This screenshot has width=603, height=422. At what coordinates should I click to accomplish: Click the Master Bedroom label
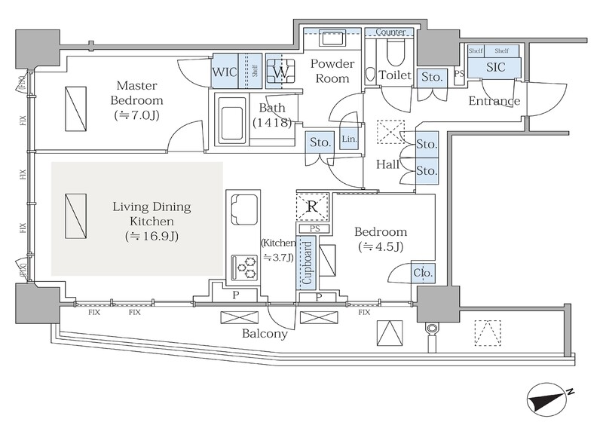[x=137, y=93]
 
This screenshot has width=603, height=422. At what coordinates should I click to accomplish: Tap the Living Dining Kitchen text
[x=152, y=214]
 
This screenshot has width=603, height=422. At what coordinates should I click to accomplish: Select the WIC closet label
[x=225, y=72]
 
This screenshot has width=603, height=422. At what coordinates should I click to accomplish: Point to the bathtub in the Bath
[x=232, y=120]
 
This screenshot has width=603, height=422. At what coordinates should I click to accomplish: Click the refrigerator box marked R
[x=312, y=206]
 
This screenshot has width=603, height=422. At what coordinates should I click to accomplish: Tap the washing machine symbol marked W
[x=280, y=71]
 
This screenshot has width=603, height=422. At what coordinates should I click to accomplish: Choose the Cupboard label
[x=308, y=262]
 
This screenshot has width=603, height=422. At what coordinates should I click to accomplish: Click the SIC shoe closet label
[x=496, y=67]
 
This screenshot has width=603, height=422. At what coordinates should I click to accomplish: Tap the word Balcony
[x=265, y=333]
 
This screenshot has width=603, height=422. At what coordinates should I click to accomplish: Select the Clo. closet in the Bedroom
[x=423, y=273]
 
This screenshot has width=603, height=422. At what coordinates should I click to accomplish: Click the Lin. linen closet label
[x=349, y=139]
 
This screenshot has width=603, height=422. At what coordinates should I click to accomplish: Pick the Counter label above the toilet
[x=390, y=32]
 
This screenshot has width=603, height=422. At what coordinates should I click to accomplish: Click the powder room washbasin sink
[x=332, y=39]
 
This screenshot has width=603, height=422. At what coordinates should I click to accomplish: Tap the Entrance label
[x=494, y=101]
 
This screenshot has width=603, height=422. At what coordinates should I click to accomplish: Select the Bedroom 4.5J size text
[x=381, y=246]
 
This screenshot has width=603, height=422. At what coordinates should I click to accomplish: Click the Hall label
[x=387, y=164]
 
